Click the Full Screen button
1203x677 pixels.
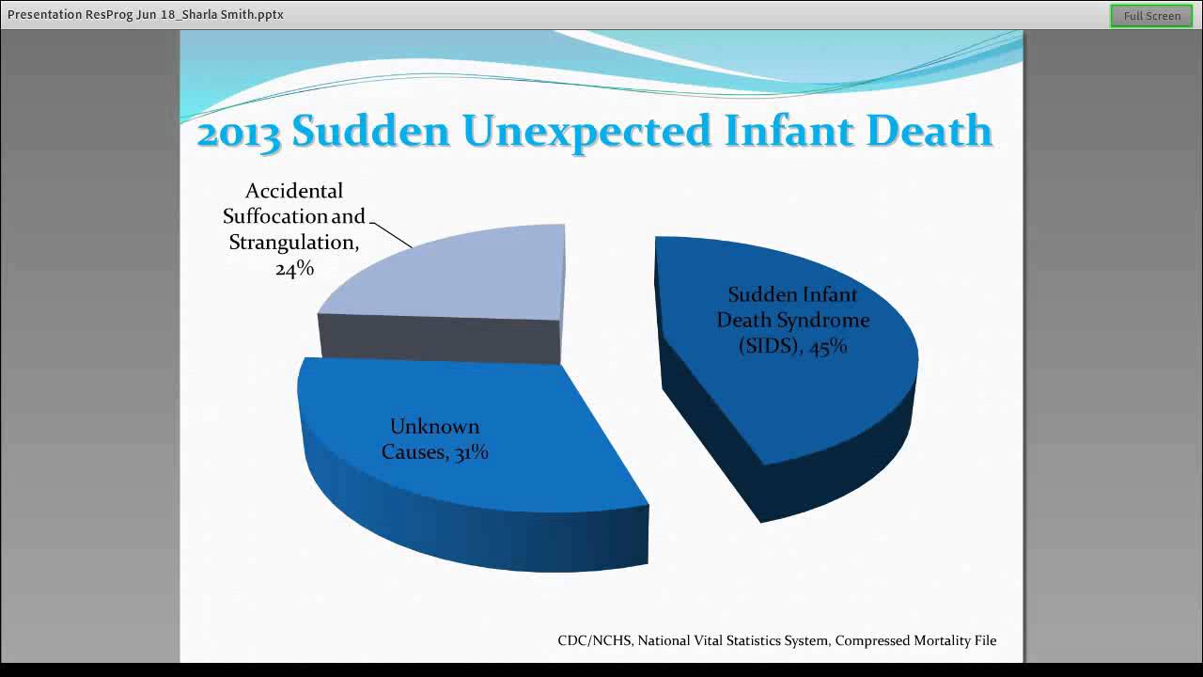coord(1151,16)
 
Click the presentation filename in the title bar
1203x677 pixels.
coord(146,15)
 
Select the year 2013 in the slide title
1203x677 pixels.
coord(239,132)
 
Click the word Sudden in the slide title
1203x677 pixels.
coord(371,132)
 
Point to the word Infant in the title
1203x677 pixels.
coord(789,132)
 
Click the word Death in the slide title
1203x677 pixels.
coord(930,132)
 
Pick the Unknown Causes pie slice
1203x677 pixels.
coord(470,489)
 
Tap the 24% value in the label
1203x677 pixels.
coord(294,269)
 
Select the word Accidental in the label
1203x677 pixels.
coord(294,191)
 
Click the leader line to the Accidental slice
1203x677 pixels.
coord(393,235)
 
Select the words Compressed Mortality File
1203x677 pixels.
coord(915,640)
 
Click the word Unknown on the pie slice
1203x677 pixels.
coord(434,427)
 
